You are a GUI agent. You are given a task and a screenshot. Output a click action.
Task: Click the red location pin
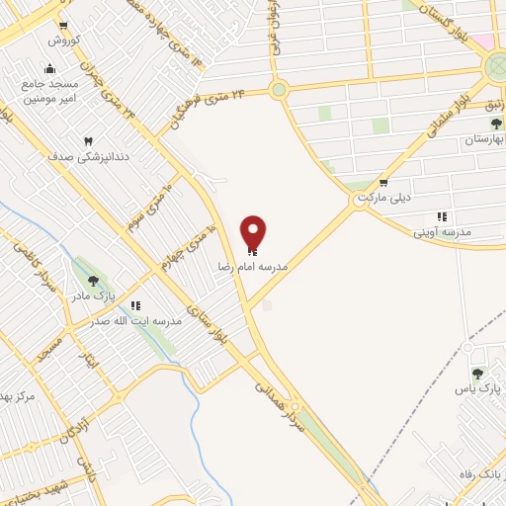[254, 232]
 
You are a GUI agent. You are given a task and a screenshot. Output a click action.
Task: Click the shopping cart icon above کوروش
[64, 27]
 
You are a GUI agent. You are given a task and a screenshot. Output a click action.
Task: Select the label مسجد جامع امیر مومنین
[49, 92]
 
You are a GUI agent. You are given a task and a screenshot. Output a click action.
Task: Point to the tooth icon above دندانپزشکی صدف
[87, 141]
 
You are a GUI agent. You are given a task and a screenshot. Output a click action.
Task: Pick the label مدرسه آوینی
[441, 232]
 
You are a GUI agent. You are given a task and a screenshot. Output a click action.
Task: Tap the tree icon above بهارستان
[496, 125]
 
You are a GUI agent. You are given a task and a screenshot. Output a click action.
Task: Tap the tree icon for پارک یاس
[478, 374]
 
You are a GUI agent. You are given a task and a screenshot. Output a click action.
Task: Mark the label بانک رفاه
[483, 474]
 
